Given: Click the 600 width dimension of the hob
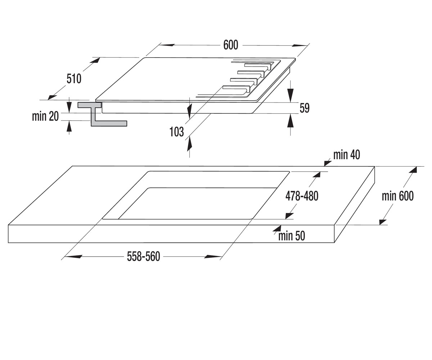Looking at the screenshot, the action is click(231, 45).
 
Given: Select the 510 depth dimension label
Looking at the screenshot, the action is click(74, 79).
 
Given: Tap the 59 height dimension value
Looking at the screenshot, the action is click(305, 108).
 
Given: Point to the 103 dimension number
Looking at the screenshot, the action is click(176, 132).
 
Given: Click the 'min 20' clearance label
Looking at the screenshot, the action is click(45, 116).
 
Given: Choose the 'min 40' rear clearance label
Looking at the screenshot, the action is click(347, 155).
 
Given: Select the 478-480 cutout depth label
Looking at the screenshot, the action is click(302, 196).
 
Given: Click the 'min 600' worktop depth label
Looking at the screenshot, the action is click(398, 196).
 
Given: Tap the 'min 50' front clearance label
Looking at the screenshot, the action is click(292, 236).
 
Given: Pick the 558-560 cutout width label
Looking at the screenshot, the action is click(144, 257).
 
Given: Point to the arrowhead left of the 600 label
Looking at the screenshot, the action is click(168, 45).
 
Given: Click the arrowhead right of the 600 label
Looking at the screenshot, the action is click(300, 45).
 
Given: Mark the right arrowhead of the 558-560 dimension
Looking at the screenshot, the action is click(212, 257).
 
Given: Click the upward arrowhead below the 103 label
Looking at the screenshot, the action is click(189, 145).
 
